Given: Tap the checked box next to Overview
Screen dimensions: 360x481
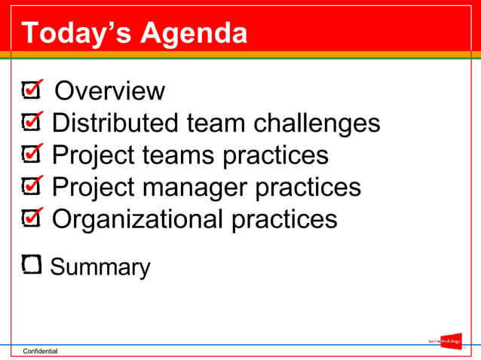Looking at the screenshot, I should click(32, 91).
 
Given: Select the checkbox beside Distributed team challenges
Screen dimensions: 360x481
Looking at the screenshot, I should click(32, 122).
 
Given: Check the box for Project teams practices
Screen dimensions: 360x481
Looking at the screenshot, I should click(32, 154).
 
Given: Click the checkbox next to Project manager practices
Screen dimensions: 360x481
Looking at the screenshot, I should click(32, 186).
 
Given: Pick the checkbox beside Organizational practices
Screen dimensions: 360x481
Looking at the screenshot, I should click(32, 218).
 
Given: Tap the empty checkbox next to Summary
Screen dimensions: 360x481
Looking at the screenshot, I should click(32, 264).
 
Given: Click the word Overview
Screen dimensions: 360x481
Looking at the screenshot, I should click(110, 91).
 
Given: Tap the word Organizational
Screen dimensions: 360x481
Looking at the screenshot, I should click(137, 219).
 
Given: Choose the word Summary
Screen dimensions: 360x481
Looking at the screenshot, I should click(100, 267).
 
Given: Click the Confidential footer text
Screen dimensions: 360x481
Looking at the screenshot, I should click(40, 352).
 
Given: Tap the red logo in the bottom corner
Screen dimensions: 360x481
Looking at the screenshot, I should click(451, 341).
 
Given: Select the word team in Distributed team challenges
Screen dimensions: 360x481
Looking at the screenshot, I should click(216, 123).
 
